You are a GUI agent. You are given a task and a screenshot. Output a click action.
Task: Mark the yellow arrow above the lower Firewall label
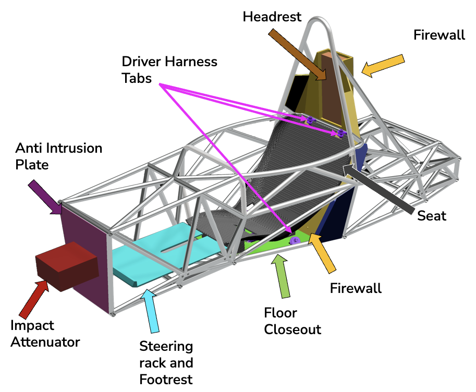pyautogui.click(x=323, y=253)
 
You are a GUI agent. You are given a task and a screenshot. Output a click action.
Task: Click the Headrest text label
pyautogui.click(x=272, y=17)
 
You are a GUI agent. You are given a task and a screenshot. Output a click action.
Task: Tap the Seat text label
pyautogui.click(x=432, y=215)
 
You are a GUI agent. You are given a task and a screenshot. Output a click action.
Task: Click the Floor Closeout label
pyautogui.click(x=292, y=321)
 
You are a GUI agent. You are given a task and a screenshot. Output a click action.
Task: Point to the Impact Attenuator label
pyautogui.click(x=45, y=334)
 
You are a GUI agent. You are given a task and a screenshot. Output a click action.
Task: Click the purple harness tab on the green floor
pyautogui.click(x=295, y=240)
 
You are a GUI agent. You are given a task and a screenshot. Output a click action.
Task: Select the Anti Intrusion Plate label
pyautogui.click(x=58, y=156)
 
